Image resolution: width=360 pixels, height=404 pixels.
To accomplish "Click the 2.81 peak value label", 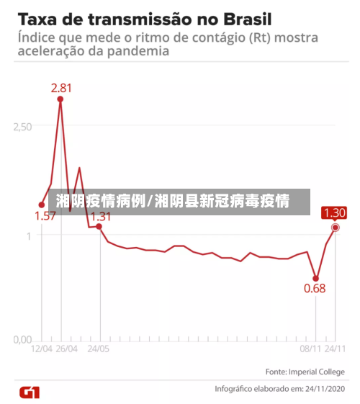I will pos(60,88).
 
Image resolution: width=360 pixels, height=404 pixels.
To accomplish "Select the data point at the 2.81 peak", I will pos(60,99).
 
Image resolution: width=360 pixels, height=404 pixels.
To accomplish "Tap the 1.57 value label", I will pos(45,215).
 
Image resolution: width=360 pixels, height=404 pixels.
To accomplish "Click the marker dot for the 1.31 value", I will pos(99,227).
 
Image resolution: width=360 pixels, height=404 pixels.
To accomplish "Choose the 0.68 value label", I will pos(315,288).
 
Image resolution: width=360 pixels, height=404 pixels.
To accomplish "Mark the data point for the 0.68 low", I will pos(315,278).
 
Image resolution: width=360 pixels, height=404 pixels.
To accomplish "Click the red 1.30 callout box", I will pos(334,212).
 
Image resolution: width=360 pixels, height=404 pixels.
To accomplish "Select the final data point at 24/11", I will pos(335,228).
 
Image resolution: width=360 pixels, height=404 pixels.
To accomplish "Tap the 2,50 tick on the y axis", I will pos(22,126).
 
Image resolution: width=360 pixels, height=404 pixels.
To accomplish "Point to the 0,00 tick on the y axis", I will pos(22,338).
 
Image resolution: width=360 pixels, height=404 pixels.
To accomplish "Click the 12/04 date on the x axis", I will pos(41,349).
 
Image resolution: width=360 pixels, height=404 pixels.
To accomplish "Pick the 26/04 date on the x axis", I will pos(66,349).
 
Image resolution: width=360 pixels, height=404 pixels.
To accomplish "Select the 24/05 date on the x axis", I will pos(99,349).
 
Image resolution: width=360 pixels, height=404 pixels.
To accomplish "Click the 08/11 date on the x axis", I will pos(310,349).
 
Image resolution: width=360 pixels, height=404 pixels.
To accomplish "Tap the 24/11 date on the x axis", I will pos(335,349).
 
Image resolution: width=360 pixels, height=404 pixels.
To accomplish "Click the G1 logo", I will pos(30,392).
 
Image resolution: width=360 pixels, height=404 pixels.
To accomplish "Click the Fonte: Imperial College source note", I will pos(305,372).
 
